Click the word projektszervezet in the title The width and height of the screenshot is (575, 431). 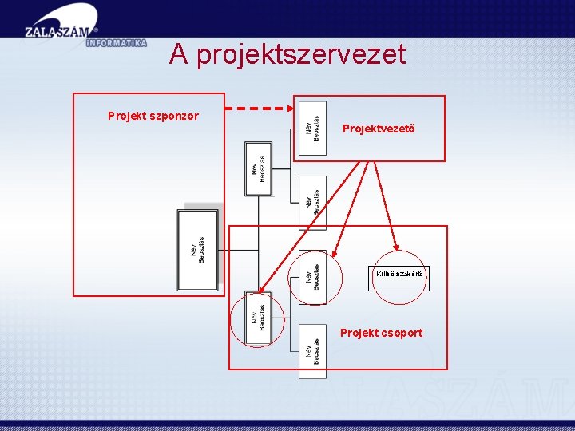[x=301, y=55]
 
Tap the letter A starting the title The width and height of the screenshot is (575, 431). [x=179, y=54]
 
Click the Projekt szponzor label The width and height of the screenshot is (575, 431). [x=153, y=116]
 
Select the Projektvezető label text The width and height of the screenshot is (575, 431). [x=379, y=128]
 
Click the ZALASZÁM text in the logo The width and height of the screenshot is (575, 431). [x=57, y=33]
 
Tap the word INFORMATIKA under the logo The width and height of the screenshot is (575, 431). [x=115, y=43]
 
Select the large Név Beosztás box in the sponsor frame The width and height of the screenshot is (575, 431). [x=197, y=249]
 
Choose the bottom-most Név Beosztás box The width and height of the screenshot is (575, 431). [x=312, y=351]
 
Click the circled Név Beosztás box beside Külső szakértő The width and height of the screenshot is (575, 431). [x=312, y=277]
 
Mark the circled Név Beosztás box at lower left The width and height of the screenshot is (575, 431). [x=259, y=318]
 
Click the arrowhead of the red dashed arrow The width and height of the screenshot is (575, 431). [x=290, y=108]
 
